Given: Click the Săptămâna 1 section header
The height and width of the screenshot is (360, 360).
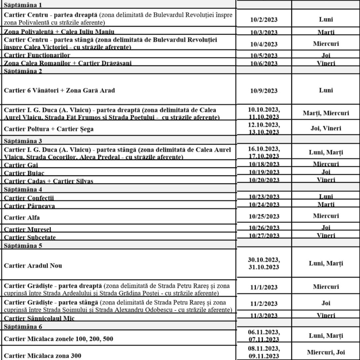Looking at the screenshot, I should point(23,5).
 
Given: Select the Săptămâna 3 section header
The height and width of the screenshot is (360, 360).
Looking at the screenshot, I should point(23,141).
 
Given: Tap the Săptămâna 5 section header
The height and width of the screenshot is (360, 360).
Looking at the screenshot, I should point(23,246).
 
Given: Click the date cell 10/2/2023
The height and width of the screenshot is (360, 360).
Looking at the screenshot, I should point(264,20).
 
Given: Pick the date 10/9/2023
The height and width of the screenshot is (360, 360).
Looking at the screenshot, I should point(264,91).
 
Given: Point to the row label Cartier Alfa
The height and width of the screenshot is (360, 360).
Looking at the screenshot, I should point(22,218).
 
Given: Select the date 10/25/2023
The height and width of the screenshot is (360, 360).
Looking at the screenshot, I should point(264,216).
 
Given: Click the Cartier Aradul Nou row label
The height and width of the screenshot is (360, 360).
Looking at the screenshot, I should point(33,266).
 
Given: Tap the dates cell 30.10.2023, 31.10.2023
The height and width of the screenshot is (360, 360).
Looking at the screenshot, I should point(264,264).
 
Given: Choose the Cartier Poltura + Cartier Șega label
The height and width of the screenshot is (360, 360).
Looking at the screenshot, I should point(49,129).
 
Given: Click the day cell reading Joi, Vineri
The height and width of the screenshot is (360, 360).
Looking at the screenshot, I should point(326,128).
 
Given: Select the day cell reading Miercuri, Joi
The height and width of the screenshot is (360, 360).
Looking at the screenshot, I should point(326,352).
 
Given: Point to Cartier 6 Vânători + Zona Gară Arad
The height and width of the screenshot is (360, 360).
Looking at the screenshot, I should point(59,90).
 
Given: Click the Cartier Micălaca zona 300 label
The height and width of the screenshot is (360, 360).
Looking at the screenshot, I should point(42,355).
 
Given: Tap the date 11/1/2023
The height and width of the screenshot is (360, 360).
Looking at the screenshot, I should point(264,287).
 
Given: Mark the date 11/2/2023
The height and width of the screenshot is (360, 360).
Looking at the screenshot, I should point(264,304).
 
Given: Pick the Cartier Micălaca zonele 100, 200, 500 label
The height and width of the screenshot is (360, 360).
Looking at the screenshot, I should point(58,339).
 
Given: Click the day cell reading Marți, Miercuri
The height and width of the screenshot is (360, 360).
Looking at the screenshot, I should point(326,113).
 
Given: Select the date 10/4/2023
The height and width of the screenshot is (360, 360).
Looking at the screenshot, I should point(264,44).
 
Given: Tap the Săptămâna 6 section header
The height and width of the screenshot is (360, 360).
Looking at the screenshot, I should point(23,327).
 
